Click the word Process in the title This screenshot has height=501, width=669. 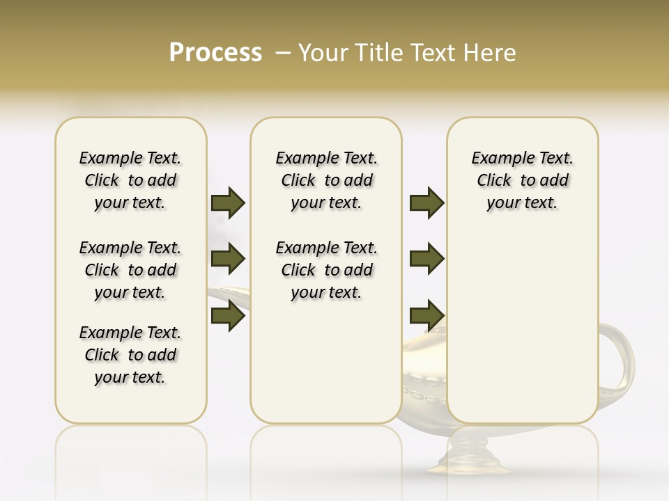pyautogui.click(x=215, y=53)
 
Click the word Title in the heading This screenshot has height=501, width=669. pyautogui.click(x=376, y=53)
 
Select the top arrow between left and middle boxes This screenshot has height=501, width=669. pyautogui.click(x=228, y=202)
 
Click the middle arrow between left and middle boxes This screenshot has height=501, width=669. pyautogui.click(x=228, y=259)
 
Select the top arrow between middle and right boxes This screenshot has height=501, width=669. pyautogui.click(x=426, y=202)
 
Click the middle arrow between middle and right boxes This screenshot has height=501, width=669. pyautogui.click(x=426, y=259)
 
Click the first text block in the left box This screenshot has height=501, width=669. pyautogui.click(x=130, y=180)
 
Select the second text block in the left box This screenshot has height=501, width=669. pyautogui.click(x=130, y=270)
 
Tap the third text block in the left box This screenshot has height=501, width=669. pyautogui.click(x=130, y=355)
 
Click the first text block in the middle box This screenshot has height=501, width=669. pyautogui.click(x=326, y=180)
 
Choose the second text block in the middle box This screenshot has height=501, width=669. pyautogui.click(x=326, y=270)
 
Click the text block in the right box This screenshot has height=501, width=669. pyautogui.click(x=522, y=180)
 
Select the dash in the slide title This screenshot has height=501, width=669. pyautogui.click(x=283, y=53)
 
